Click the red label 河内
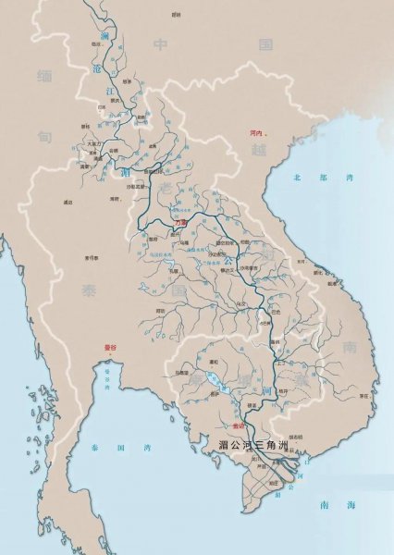click(x=257, y=133)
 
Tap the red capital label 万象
click(x=181, y=222)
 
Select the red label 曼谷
click(x=111, y=346)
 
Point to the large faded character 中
click(x=160, y=43)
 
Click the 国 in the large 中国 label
click(x=266, y=43)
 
